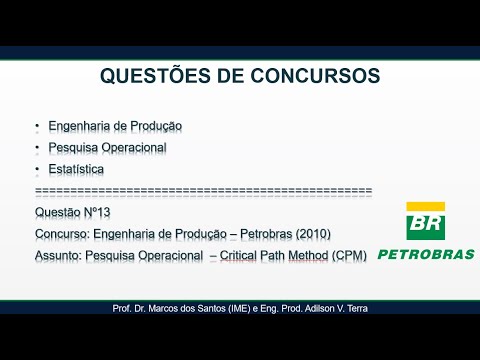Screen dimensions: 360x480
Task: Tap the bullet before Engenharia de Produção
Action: [36, 126]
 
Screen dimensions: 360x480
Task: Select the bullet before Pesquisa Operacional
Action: [36, 148]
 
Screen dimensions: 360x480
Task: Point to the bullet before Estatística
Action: [36, 170]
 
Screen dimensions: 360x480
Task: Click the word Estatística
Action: [76, 170]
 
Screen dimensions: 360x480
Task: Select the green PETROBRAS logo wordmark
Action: [426, 254]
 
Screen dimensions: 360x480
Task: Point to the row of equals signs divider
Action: [203, 190]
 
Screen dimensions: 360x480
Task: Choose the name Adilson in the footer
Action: [322, 308]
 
